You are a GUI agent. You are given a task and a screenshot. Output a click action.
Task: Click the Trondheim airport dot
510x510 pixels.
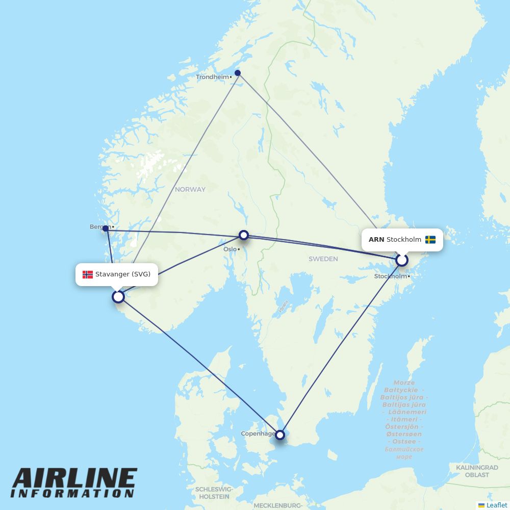[238, 73]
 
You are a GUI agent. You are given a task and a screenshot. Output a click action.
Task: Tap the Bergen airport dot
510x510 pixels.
[106, 228]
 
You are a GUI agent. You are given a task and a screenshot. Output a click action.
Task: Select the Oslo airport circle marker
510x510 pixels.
[244, 235]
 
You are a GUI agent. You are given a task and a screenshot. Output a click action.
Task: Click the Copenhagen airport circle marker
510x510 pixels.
[279, 435]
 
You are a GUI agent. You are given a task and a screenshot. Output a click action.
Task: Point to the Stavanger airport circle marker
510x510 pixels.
[118, 296]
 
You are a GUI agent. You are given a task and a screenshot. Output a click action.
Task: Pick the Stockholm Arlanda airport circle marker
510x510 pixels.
[402, 260]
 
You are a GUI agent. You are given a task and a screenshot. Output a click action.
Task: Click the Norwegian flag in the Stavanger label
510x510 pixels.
[88, 274]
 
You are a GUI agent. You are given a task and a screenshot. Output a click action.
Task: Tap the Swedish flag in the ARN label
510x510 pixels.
[430, 240]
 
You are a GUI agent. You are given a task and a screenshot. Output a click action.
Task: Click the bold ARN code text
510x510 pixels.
[376, 240]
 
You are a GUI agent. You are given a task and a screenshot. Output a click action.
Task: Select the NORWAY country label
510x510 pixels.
[190, 189]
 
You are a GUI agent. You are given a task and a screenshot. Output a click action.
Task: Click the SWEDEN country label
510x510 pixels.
[323, 259]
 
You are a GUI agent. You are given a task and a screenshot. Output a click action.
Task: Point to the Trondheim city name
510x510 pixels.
[212, 77]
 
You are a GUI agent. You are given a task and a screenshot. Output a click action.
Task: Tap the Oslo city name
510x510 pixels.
[230, 249]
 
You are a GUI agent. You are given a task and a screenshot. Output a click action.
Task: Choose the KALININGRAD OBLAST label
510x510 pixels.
[477, 471]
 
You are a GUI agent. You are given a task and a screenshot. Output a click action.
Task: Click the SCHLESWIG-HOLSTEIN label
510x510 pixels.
[214, 493]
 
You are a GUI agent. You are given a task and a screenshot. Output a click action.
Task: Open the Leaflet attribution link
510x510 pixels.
[496, 505]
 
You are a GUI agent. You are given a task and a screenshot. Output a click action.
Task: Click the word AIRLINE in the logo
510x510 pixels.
[74, 479]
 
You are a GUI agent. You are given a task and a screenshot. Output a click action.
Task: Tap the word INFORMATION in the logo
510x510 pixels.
[72, 494]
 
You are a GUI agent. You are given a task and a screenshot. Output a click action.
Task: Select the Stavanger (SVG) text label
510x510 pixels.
[123, 274]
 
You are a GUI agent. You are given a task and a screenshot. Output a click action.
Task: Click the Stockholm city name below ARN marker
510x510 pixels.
[391, 276]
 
